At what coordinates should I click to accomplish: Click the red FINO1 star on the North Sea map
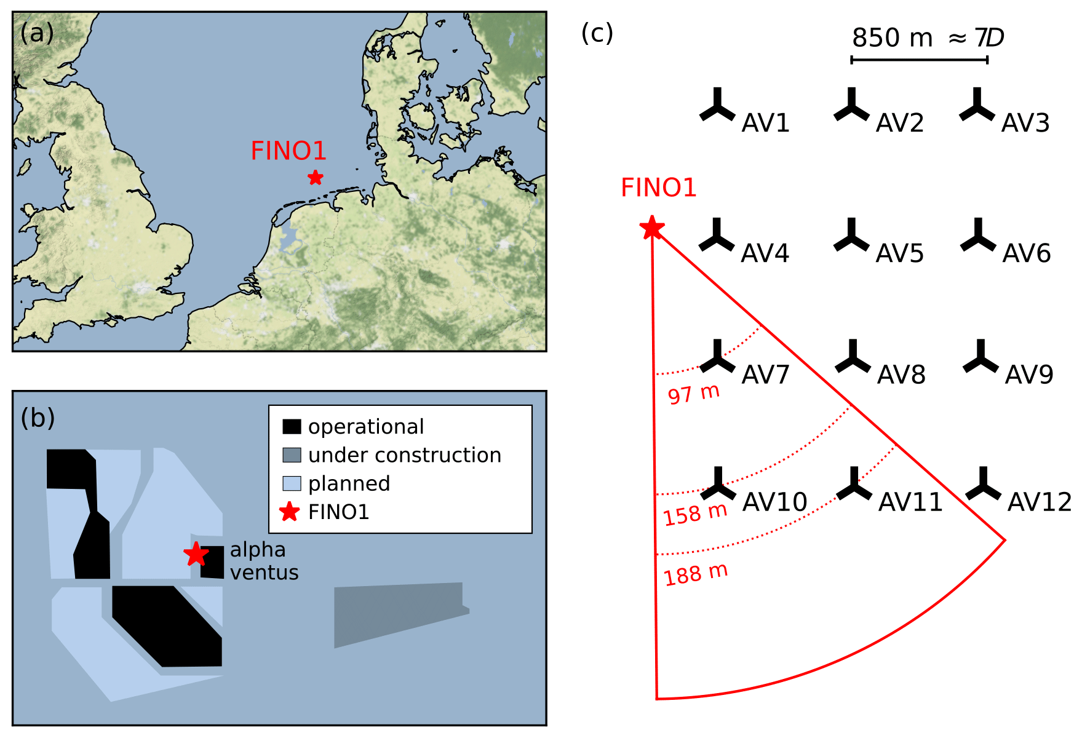point(315,178)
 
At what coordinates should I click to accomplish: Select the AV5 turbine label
point(899,253)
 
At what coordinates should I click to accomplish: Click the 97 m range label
point(694,394)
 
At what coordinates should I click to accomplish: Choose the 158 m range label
point(695,514)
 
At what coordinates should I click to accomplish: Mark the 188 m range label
point(696,574)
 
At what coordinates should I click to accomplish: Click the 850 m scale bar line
point(919,60)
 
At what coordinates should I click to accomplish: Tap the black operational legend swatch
point(292,426)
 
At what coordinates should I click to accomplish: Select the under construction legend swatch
point(292,455)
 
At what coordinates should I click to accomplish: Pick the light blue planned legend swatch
point(292,483)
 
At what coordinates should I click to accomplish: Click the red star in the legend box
point(289,512)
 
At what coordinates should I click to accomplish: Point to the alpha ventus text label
point(264,561)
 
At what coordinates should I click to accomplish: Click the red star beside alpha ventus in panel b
point(196,554)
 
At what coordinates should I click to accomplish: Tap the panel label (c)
point(597,33)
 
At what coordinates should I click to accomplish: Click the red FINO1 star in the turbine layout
point(651,228)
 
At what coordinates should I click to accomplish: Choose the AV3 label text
point(1025,123)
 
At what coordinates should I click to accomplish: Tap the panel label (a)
point(37,33)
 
